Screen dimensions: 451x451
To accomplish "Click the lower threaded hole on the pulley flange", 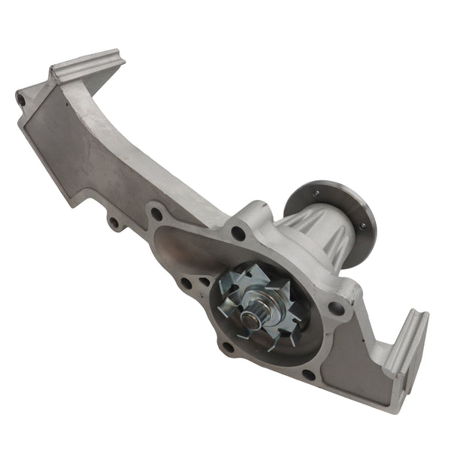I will pos(362,223).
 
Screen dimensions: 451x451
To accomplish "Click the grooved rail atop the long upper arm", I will pos(86,65).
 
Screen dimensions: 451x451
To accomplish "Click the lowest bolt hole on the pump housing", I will pos(308,374).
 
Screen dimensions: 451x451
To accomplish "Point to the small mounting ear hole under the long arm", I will pos(114,222).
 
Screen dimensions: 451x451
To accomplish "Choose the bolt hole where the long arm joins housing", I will pos(156,214).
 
